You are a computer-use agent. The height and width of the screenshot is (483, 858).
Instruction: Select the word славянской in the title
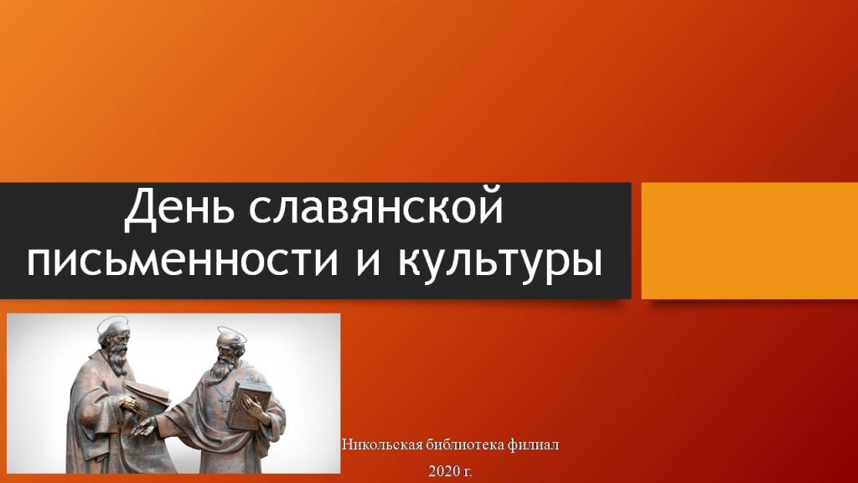[377, 211]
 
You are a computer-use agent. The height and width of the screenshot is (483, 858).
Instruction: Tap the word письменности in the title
[175, 262]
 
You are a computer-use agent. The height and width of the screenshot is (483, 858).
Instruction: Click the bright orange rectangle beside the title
[749, 241]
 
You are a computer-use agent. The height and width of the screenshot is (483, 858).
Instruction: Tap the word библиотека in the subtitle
[464, 444]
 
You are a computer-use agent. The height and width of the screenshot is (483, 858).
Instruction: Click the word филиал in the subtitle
[534, 444]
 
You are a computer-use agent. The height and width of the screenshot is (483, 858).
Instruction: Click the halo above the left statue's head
[113, 321]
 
